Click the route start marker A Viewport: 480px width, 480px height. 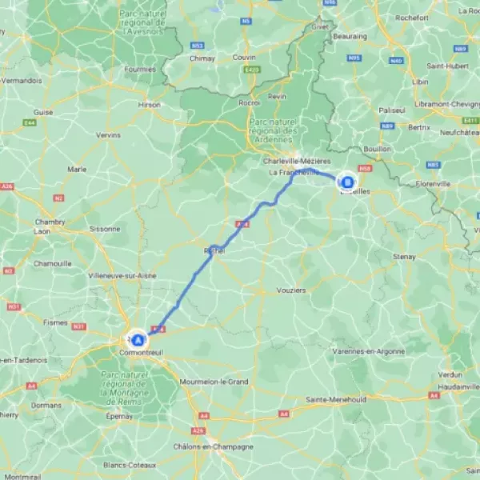pos(138,340)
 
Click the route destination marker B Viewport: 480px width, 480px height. pos(346,182)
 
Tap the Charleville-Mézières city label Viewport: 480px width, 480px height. pos(297,161)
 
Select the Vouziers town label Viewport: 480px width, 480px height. pos(290,290)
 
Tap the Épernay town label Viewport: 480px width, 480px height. pos(119,416)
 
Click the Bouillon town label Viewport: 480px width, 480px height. pos(378,149)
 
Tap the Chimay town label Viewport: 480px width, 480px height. pos(202,58)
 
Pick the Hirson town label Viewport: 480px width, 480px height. pos(150,104)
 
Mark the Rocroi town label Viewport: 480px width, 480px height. pos(250,102)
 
